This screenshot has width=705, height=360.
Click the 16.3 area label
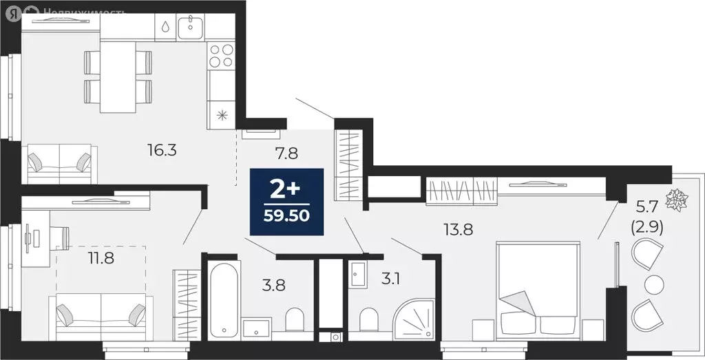click(162, 149)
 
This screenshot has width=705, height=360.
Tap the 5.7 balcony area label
click(647, 204)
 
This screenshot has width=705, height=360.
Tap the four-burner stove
click(222, 54)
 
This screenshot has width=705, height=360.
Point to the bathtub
click(224, 299)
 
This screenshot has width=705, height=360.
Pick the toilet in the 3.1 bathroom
click(368, 321)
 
